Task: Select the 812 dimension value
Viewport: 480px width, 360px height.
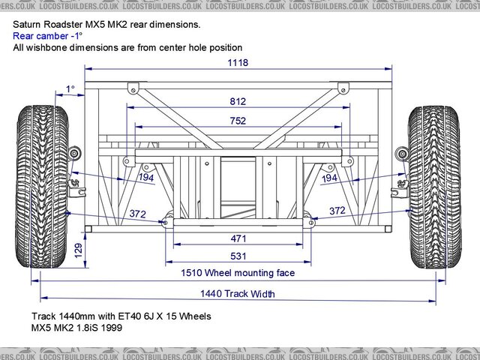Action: click(239, 100)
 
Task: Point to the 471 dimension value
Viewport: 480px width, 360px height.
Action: click(238, 238)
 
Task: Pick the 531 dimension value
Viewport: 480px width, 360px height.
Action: click(238, 256)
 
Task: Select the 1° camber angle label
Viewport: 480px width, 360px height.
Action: click(70, 89)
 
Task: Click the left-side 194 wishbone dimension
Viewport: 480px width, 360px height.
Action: click(146, 178)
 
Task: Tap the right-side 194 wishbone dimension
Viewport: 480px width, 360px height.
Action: click(329, 178)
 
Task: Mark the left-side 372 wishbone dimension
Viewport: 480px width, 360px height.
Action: click(137, 214)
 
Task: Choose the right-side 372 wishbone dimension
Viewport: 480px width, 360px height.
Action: click(337, 211)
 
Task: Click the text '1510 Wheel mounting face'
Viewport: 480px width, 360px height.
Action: click(238, 273)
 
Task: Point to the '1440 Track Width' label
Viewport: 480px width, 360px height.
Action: click(238, 293)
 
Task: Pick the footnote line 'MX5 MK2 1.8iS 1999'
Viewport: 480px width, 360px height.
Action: click(76, 328)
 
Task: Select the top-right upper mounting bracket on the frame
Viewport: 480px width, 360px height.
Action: click(343, 86)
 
